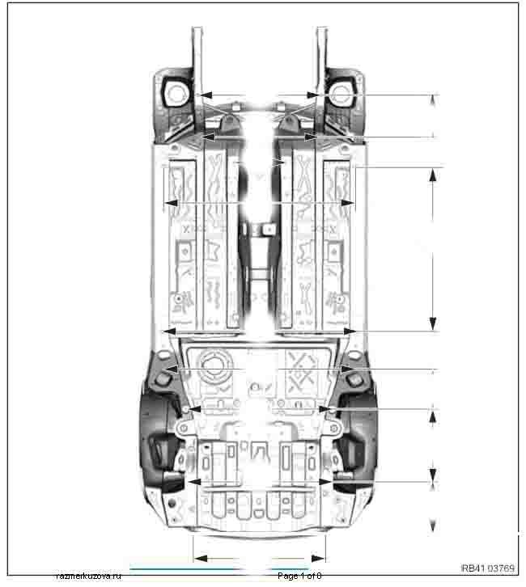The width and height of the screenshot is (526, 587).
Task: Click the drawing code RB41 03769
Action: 488,568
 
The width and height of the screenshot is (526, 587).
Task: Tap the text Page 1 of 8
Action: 299,576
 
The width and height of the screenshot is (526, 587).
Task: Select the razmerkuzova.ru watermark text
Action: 88,576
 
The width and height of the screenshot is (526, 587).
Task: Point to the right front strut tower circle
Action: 341,92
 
